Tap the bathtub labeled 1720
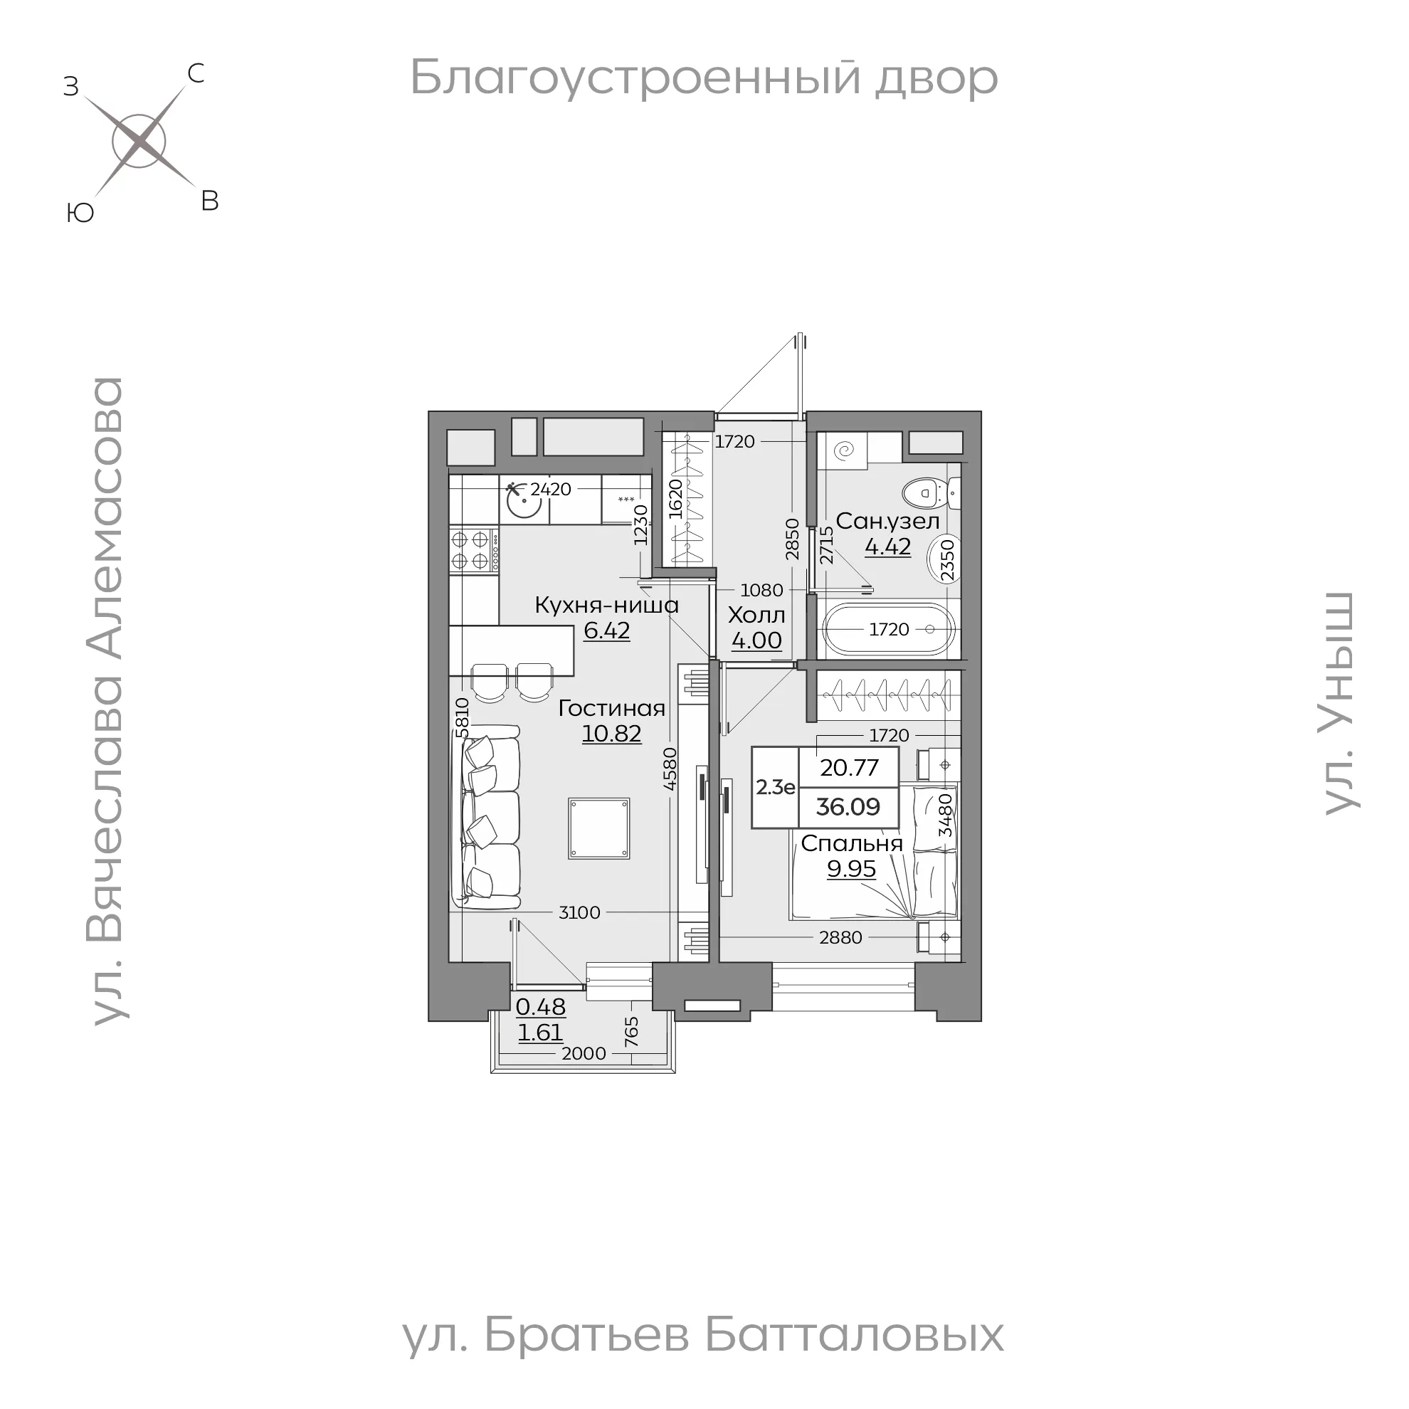coord(888,629)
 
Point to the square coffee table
coord(598,828)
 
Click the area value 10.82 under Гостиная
coord(611,733)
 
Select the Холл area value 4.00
coord(756,640)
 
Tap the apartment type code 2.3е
coord(774,787)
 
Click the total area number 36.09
coord(848,806)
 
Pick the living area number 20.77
coord(849,767)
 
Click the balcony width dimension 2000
coord(584,1053)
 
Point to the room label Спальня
coord(851,843)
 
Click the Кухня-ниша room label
coord(606,606)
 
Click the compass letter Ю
coord(80,213)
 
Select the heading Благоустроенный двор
coord(704,78)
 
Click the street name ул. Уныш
coord(1340,703)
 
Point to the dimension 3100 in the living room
coord(579,912)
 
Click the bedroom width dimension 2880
coord(840,937)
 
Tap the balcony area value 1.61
coord(540,1032)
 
